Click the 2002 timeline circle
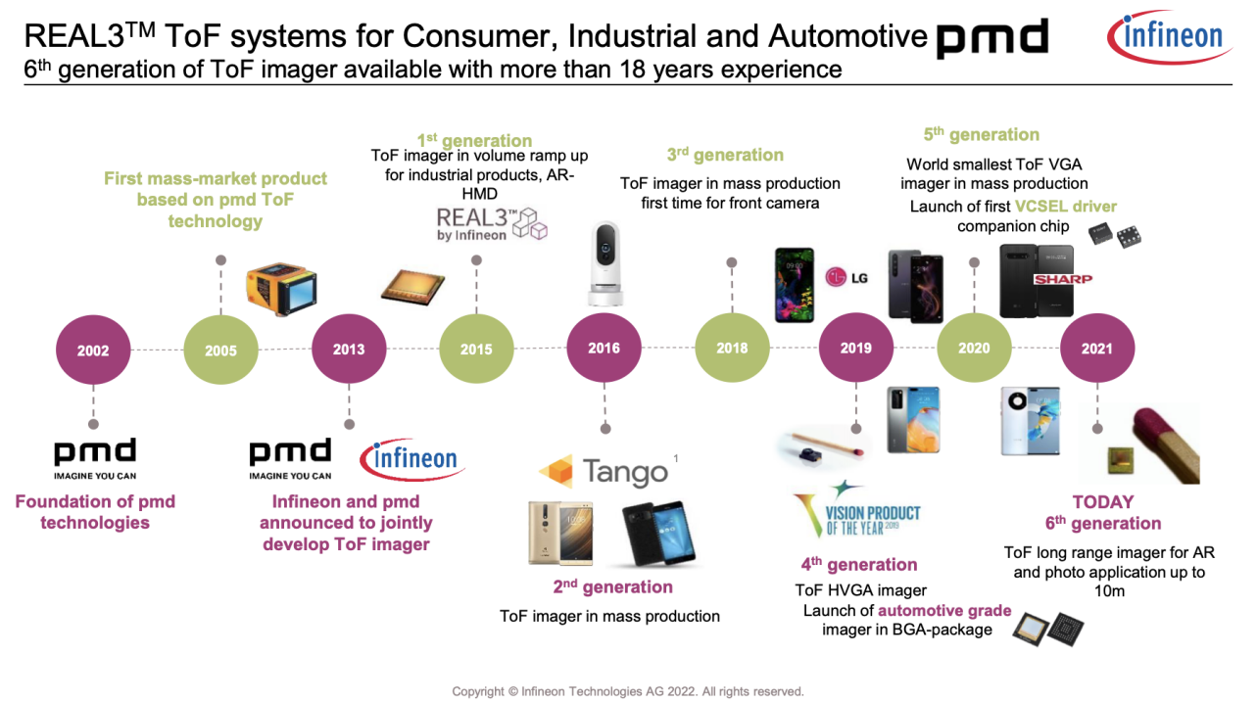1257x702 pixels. (93, 350)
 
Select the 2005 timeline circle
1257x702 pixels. (220, 350)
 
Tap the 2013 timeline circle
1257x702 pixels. (349, 350)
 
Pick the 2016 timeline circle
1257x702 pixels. (604, 349)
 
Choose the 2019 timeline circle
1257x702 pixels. (856, 349)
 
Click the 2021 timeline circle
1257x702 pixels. (1096, 349)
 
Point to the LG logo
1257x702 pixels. (847, 278)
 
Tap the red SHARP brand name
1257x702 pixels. (1062, 280)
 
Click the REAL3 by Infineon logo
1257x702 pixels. (491, 224)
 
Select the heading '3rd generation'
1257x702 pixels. (725, 155)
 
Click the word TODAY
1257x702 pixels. (1102, 502)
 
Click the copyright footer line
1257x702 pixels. (627, 691)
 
